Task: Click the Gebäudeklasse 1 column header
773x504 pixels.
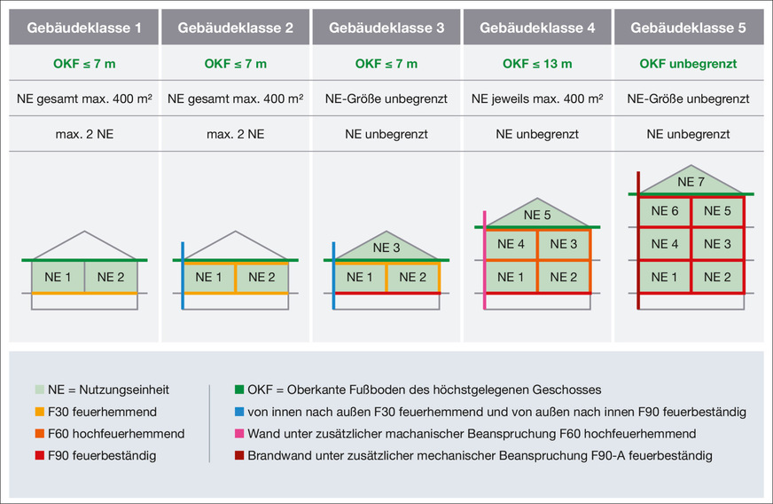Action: pyautogui.click(x=84, y=28)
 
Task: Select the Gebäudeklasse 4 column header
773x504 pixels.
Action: pyautogui.click(x=537, y=28)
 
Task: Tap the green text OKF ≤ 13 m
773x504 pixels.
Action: pyautogui.click(x=537, y=64)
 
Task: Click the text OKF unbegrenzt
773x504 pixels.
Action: pyautogui.click(x=688, y=64)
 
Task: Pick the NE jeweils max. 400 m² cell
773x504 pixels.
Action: pyautogui.click(x=537, y=98)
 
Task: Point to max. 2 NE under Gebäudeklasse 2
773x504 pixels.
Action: pyautogui.click(x=235, y=134)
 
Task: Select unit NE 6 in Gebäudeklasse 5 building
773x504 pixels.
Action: pyautogui.click(x=665, y=211)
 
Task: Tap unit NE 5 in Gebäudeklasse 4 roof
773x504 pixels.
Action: pyautogui.click(x=537, y=215)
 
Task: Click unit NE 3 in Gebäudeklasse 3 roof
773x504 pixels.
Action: pyautogui.click(x=386, y=248)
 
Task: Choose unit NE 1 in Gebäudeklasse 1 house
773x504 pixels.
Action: pyautogui.click(x=58, y=277)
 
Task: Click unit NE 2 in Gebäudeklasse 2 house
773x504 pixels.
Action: pyautogui.click(x=262, y=277)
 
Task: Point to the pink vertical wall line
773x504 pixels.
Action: pyautogui.click(x=485, y=259)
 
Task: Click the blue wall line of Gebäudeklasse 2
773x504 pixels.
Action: pyautogui.click(x=183, y=275)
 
